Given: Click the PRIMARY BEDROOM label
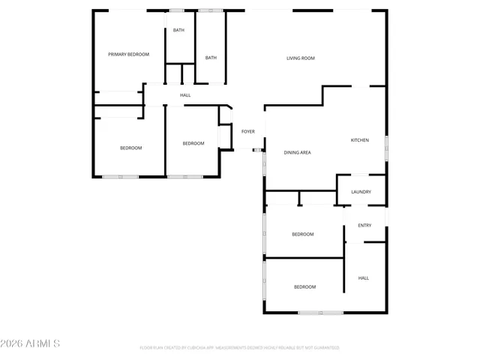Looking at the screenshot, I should pos(128,54).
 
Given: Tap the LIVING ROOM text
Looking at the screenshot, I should pos(300,58).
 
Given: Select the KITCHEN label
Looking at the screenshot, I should pos(360,140).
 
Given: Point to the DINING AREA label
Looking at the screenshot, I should pos(297,152).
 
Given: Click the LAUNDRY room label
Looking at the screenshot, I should pos(361,192).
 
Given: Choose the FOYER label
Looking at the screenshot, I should pos(247,131).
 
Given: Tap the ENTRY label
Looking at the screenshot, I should pos(364,226).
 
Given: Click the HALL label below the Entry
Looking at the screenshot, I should pos(363,278).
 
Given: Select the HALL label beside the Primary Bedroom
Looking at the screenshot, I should pos(185,95).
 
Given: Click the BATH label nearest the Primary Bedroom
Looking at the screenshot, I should pos(178,30).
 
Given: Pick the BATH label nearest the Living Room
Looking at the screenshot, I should pos(211,58).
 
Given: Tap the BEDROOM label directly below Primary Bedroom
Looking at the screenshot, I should pos(130,148).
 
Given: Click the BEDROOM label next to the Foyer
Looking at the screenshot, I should pos(193,143).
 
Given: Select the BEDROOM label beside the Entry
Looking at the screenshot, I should pos(302,235).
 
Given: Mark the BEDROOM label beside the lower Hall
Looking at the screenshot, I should pos(304,287).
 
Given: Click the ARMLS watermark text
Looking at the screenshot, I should pos(43,343).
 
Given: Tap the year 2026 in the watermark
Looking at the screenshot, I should pos(13,343).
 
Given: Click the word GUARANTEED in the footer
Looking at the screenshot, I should pos(324,348).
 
